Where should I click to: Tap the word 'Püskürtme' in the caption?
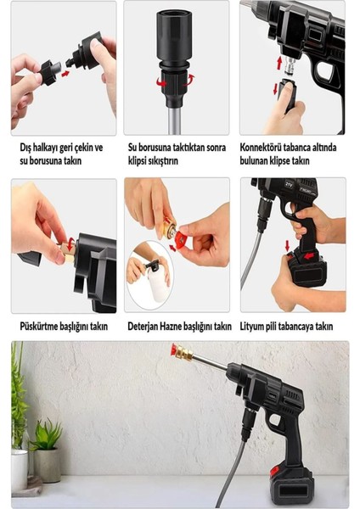[x=38, y=326]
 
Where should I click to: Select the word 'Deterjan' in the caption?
[x=143, y=327]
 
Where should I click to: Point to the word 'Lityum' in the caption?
[x=250, y=327]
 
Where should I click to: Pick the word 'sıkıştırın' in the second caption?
[x=163, y=160]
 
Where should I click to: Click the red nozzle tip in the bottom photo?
[x=173, y=350]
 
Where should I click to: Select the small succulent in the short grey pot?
[x=46, y=434]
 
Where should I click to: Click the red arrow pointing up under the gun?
[x=278, y=63]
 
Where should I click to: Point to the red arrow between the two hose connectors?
[x=65, y=74]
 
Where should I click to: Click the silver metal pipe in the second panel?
[x=174, y=120]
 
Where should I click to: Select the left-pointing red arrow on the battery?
[x=308, y=256]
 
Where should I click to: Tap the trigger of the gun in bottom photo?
[x=275, y=422]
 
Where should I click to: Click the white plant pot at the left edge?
[x=20, y=470]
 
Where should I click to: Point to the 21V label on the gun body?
[x=290, y=184]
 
